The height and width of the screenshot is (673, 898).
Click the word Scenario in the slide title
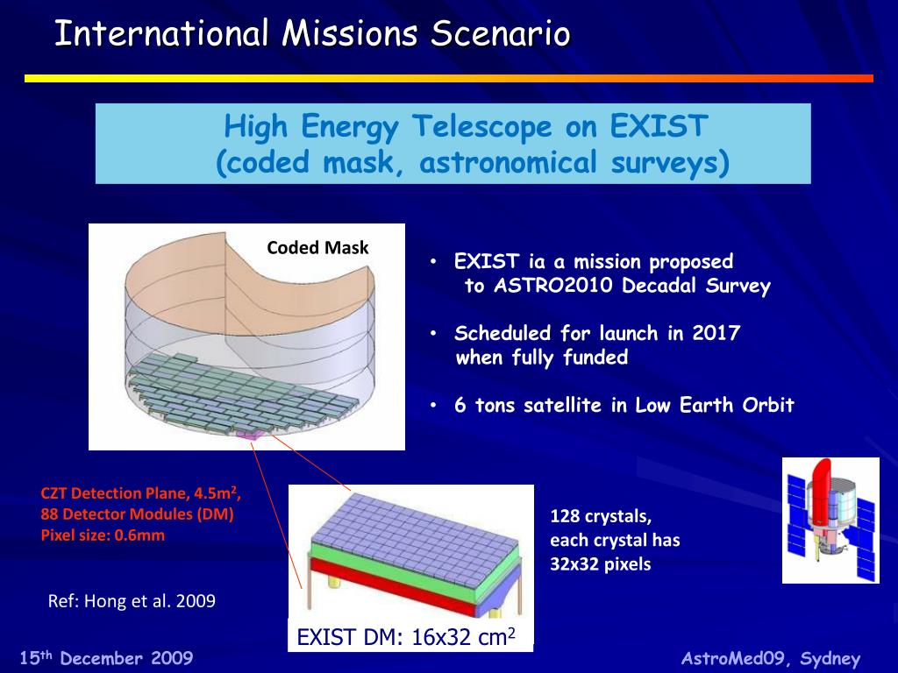[500, 33]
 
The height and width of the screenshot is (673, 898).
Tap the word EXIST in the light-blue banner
[659, 126]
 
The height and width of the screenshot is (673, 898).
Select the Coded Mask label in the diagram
[317, 248]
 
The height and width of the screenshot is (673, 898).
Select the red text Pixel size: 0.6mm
[103, 535]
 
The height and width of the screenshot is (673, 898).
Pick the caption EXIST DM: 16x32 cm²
[405, 636]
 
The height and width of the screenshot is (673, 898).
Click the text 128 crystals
[601, 516]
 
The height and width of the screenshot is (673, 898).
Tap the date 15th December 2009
[106, 657]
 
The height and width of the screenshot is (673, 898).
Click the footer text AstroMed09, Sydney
[771, 659]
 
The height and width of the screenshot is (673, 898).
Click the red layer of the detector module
[396, 586]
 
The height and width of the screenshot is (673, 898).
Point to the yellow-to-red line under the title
[449, 78]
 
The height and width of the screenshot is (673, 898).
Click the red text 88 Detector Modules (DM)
[137, 514]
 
